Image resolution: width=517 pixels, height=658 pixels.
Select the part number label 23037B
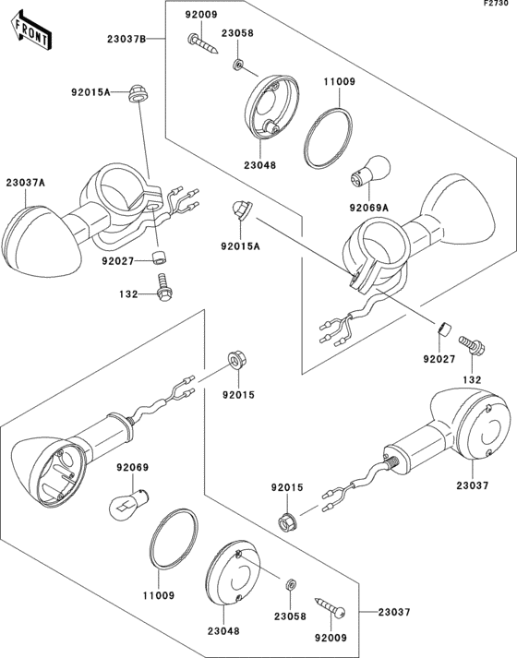(126, 39)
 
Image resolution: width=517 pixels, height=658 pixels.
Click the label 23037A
(25, 183)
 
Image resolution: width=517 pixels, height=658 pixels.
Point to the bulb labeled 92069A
(370, 172)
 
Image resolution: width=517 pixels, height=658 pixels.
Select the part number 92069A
(369, 208)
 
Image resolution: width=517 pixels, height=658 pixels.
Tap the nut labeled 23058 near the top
(238, 65)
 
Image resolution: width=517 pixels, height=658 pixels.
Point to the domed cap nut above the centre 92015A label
(241, 209)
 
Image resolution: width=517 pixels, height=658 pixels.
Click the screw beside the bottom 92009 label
(331, 608)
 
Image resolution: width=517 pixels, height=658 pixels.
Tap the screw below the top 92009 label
(202, 43)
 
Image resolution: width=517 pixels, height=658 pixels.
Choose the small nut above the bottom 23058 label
(291, 584)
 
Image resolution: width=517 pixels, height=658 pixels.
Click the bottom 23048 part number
(223, 630)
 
